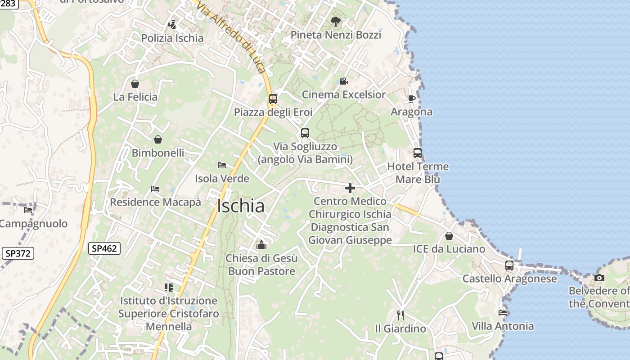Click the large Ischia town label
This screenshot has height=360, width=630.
pyautogui.click(x=240, y=206)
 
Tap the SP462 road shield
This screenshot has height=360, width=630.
pyautogui.click(x=104, y=248)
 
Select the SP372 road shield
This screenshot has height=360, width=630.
pyautogui.click(x=18, y=253)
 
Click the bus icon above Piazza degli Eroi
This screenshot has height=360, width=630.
pyautogui.click(x=273, y=99)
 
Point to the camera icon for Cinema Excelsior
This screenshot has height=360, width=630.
pyautogui.click(x=343, y=81)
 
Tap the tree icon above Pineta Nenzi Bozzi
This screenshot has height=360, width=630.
pyautogui.click(x=335, y=21)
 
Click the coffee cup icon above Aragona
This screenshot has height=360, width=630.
pyautogui.click(x=411, y=99)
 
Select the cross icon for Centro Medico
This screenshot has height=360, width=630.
pyautogui.click(x=350, y=188)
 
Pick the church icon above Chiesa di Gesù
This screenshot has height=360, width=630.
pyautogui.click(x=261, y=245)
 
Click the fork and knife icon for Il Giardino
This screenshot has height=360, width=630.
pyautogui.click(x=400, y=315)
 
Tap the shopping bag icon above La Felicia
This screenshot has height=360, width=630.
pyautogui.click(x=135, y=84)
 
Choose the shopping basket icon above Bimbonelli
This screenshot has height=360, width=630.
pyautogui.click(x=157, y=139)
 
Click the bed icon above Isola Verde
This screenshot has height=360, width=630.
pyautogui.click(x=221, y=165)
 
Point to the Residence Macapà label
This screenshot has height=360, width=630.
pyautogui.click(x=155, y=202)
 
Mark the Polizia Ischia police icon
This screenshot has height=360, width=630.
pyautogui.click(x=172, y=24)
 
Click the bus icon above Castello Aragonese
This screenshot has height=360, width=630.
pyautogui.click(x=509, y=265)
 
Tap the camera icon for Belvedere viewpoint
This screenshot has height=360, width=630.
pyautogui.click(x=599, y=278)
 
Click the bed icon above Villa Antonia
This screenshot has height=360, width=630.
pyautogui.click(x=503, y=312)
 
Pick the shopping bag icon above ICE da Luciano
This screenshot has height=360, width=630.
pyautogui.click(x=449, y=236)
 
